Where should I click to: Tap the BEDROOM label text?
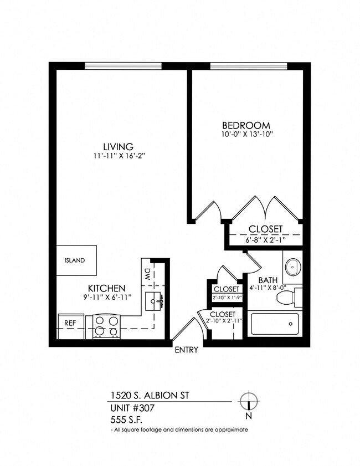246,125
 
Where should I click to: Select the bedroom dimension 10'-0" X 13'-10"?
246,134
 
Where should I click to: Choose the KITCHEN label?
106,289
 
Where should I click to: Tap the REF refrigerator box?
70,322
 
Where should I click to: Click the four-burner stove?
106,326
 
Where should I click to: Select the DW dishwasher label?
148,273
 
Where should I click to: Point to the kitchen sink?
155,303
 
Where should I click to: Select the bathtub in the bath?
274,324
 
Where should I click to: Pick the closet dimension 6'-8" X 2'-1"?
265,239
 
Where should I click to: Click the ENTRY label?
186,350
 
